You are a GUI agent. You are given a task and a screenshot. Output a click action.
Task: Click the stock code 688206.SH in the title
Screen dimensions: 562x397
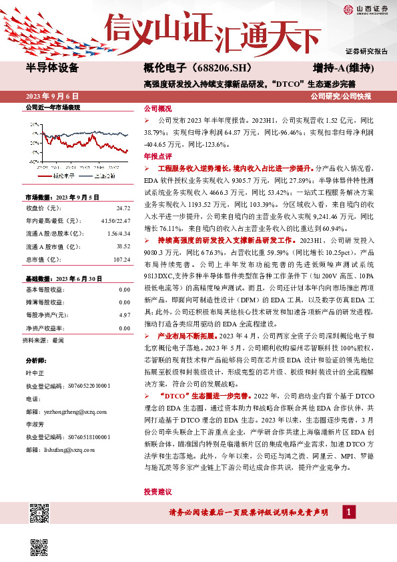[212, 68]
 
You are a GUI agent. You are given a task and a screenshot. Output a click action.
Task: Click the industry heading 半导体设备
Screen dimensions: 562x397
[52, 68]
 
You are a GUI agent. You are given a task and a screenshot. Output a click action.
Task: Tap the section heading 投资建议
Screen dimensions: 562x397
[157, 491]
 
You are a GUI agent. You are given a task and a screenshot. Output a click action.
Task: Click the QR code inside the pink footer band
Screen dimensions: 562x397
[39, 513]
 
